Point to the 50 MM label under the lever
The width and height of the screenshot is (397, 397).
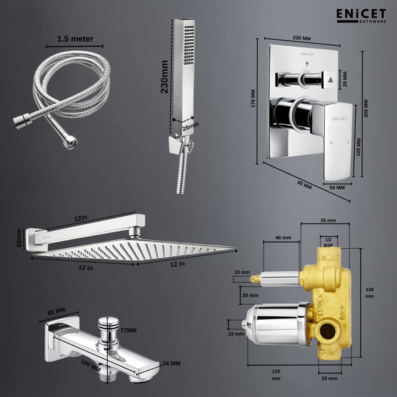(x=337, y=187)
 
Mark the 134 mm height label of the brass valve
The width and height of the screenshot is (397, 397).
(x=369, y=292)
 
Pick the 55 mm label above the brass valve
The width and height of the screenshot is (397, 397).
(x=328, y=220)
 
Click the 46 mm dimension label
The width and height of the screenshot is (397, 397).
(x=283, y=236)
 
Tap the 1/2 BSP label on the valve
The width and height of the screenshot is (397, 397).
(x=328, y=242)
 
